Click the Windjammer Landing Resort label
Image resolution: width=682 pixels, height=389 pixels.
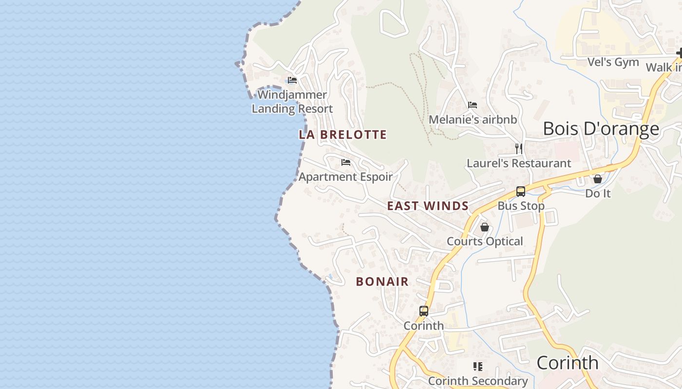(x=292, y=102)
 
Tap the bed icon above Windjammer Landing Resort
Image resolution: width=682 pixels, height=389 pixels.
(x=292, y=80)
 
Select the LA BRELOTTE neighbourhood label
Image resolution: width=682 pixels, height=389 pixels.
(x=343, y=135)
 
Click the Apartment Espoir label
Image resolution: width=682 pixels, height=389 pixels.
(x=345, y=177)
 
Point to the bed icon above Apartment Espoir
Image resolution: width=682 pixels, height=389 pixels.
(x=346, y=162)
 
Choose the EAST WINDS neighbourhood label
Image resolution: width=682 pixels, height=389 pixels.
(x=428, y=206)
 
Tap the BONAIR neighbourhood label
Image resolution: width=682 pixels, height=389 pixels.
(x=382, y=282)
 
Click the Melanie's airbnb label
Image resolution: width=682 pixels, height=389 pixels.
(x=473, y=120)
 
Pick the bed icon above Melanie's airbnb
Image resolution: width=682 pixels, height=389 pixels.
(x=473, y=105)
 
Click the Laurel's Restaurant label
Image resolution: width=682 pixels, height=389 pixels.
(x=519, y=163)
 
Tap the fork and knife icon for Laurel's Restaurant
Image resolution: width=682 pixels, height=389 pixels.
(x=519, y=148)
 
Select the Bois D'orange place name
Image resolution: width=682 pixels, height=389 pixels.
(x=601, y=129)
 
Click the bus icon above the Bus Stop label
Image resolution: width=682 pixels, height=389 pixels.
(x=521, y=192)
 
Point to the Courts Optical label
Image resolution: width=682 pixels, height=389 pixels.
(x=485, y=241)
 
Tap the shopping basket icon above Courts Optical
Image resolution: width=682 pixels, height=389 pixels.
(x=485, y=227)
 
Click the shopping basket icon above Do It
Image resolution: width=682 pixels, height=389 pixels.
(x=598, y=179)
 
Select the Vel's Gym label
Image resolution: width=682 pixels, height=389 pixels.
(x=613, y=62)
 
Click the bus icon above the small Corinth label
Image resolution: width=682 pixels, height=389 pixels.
(x=424, y=311)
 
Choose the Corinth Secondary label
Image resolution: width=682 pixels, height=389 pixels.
(x=477, y=381)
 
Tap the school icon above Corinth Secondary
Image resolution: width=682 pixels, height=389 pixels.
(x=478, y=367)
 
